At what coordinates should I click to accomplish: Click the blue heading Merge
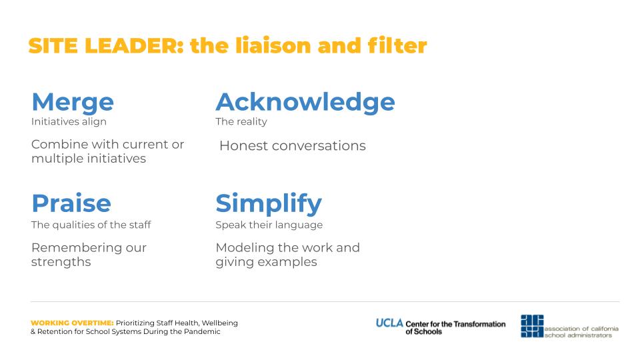coord(73,102)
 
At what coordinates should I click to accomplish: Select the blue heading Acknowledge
coord(305,102)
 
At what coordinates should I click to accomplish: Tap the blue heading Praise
coord(71,203)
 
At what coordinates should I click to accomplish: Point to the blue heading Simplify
coord(269,204)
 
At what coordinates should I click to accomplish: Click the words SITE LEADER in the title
coord(106,45)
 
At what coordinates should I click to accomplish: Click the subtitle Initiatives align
coord(69,121)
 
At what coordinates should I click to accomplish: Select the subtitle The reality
coord(241,121)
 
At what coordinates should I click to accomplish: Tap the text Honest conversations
coord(293,146)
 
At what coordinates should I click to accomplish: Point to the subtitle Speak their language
coord(269,225)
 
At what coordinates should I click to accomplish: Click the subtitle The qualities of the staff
coord(91,225)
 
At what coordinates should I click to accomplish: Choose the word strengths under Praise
coord(61,262)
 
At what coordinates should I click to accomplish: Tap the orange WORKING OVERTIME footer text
coord(72,323)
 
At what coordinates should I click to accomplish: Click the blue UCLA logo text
coord(389,323)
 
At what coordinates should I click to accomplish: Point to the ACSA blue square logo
coord(532,326)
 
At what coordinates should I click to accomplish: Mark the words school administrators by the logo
coord(579,335)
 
